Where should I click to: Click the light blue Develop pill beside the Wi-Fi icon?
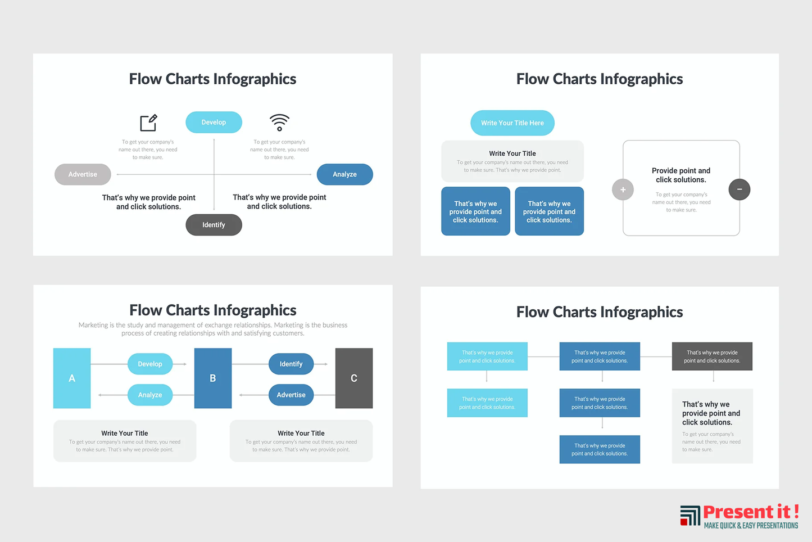point(214,122)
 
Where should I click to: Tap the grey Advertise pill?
point(83,174)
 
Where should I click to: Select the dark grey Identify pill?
point(214,225)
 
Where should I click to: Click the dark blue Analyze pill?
point(344,174)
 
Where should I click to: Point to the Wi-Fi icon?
point(279,121)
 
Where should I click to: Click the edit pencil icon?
point(148,122)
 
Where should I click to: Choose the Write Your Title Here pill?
point(512,123)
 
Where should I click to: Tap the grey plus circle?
point(623,189)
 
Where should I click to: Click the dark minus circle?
point(739,189)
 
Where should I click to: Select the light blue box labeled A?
point(72,378)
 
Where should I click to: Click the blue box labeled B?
point(213,378)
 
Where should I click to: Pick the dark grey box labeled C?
point(354,378)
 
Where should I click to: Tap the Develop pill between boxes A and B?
point(150,364)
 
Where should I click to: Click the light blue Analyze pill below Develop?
point(150,395)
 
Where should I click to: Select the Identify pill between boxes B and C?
point(291,364)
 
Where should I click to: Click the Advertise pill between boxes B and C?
point(291,395)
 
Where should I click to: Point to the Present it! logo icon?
point(690,515)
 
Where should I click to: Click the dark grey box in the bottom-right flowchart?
point(712,356)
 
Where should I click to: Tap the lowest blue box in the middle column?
point(600,449)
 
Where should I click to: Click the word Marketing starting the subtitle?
point(93,325)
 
